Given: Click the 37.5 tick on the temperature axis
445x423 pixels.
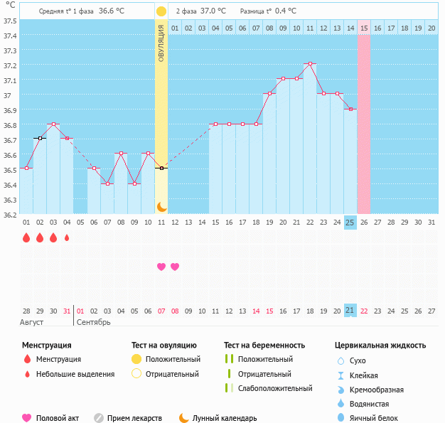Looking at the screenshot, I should (9, 21).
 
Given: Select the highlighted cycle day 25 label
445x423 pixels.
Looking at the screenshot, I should (350, 223).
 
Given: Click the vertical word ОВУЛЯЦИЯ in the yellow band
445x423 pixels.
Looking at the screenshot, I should (161, 42).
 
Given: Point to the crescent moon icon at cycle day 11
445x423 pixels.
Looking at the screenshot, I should (161, 207).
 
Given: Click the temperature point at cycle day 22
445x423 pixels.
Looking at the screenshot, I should (310, 64).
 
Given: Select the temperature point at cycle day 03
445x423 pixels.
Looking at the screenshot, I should (53, 124).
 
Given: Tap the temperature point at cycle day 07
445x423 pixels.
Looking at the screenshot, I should (107, 183).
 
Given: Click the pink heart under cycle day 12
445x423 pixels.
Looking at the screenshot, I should (175, 267).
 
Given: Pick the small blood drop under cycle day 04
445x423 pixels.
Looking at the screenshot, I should (67, 238).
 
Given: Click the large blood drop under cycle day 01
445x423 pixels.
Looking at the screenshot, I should (26, 238).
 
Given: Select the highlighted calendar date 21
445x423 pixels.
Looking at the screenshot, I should (350, 311).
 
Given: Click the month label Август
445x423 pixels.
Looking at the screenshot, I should (32, 322).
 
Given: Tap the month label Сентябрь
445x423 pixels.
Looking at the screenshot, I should (93, 322).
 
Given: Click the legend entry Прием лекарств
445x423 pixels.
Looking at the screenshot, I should (134, 419).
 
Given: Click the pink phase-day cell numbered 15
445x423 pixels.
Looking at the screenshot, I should (364, 28).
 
